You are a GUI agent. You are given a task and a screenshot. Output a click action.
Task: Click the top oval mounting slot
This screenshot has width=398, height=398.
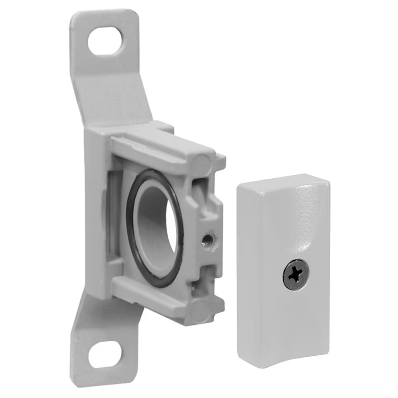click(105, 41)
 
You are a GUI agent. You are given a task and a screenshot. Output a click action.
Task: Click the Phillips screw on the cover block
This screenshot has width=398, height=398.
click(296, 275)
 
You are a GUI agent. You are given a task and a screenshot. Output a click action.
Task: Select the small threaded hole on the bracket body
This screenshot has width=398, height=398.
click(207, 240)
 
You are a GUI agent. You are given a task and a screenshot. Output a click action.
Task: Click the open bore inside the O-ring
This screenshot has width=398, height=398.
click(159, 227)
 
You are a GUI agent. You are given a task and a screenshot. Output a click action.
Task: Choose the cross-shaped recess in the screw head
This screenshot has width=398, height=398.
click(296, 275)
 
